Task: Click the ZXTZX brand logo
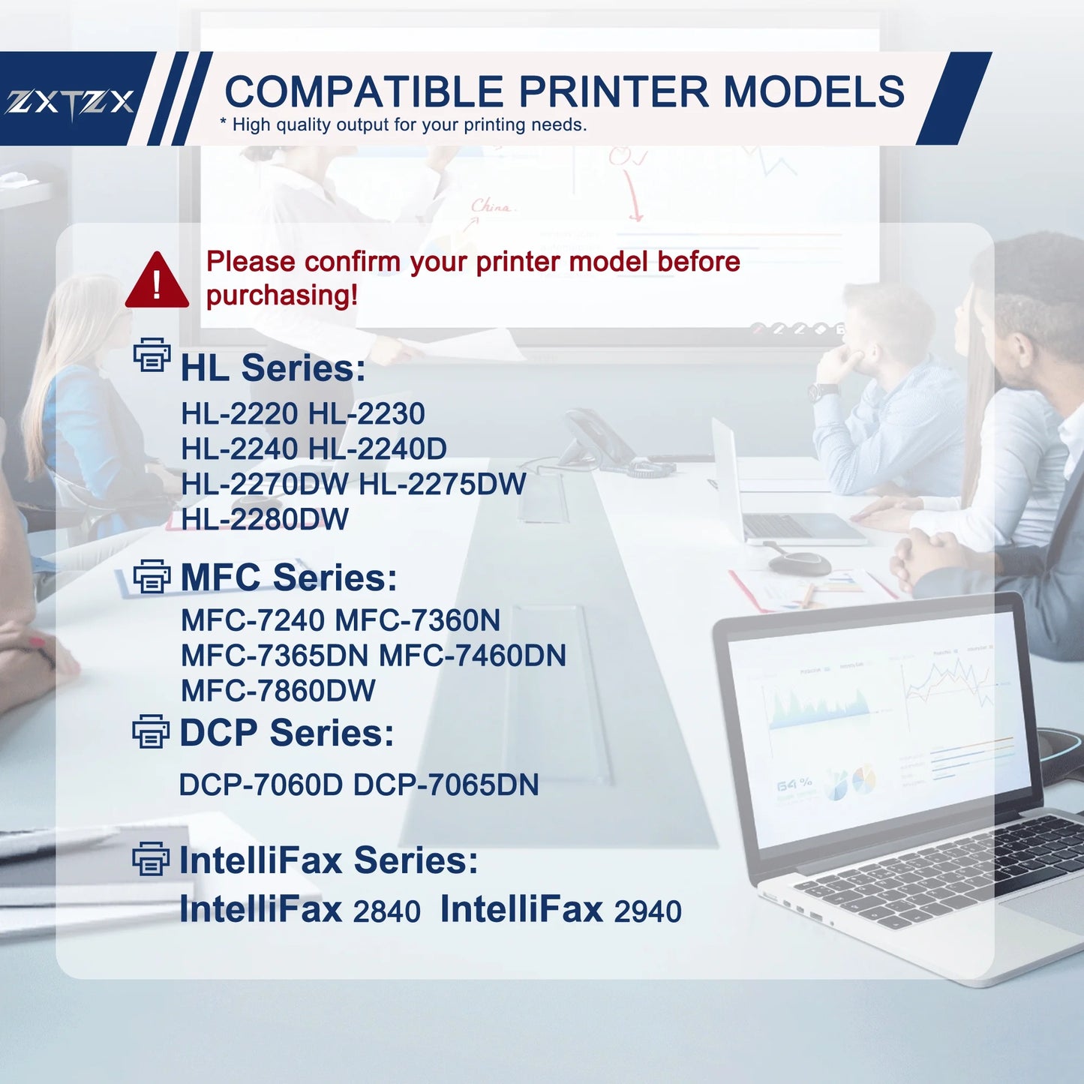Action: click(70, 102)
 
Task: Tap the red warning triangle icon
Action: click(157, 282)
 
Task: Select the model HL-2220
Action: click(239, 414)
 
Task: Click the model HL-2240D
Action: click(377, 449)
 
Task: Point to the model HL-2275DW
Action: click(443, 485)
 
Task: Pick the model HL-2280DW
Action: click(265, 519)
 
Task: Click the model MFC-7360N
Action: click(417, 620)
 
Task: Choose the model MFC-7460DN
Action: click(473, 656)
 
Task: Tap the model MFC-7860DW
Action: click(278, 691)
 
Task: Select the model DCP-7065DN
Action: click(446, 785)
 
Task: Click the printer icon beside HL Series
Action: click(152, 356)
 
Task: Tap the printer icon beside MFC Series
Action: click(152, 577)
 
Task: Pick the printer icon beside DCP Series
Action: click(151, 731)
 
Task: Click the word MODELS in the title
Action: click(813, 92)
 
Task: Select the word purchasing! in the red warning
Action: click(282, 296)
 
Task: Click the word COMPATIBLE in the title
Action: click(364, 92)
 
